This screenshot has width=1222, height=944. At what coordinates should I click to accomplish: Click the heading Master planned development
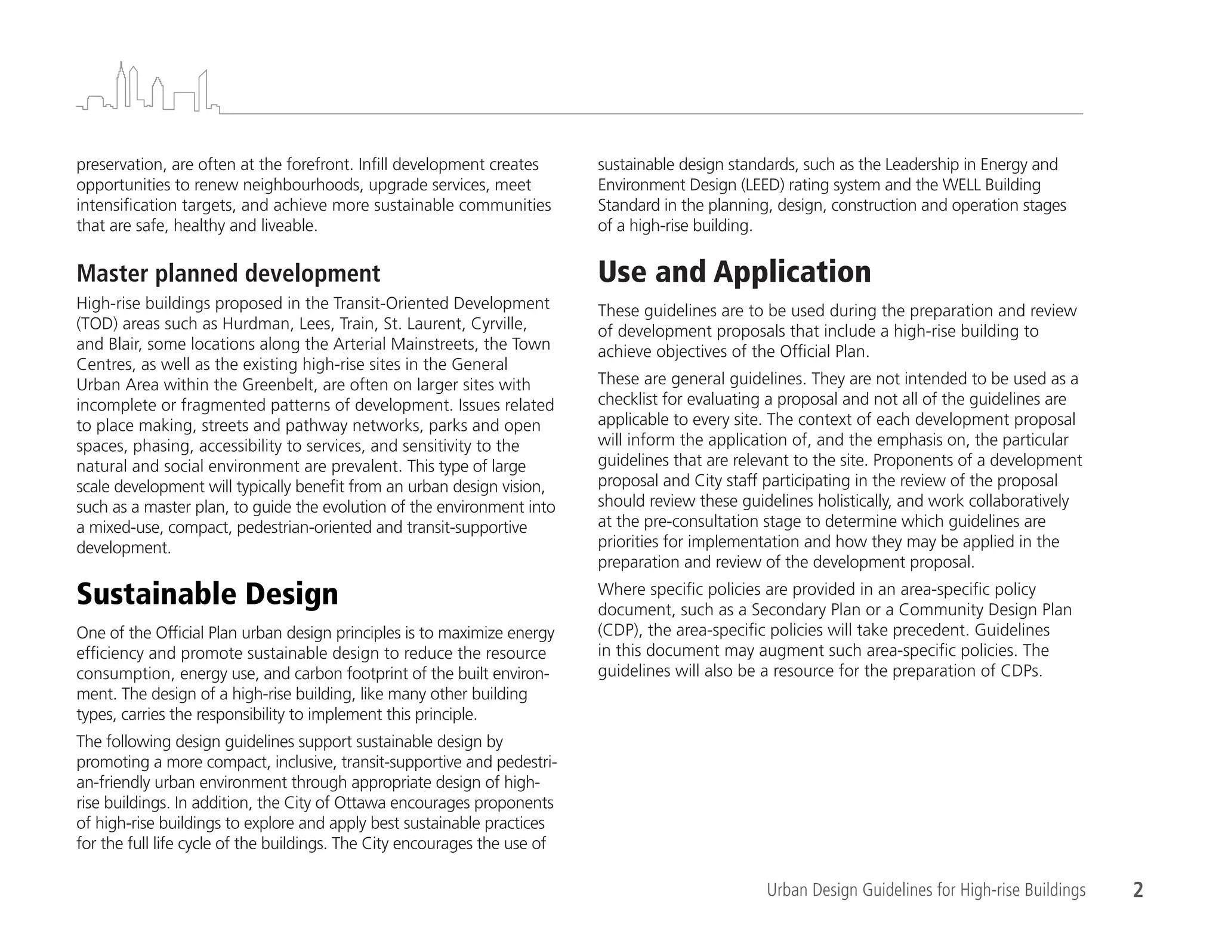[x=228, y=274]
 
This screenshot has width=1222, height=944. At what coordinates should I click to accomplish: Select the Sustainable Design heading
[x=207, y=594]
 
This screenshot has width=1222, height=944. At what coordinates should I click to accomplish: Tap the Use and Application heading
[x=734, y=272]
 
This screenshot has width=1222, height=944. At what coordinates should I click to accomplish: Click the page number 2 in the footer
[x=1138, y=890]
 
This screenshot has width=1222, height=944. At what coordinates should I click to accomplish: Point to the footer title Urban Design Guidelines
[x=925, y=890]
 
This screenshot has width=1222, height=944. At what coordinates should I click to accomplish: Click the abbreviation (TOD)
[x=96, y=324]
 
